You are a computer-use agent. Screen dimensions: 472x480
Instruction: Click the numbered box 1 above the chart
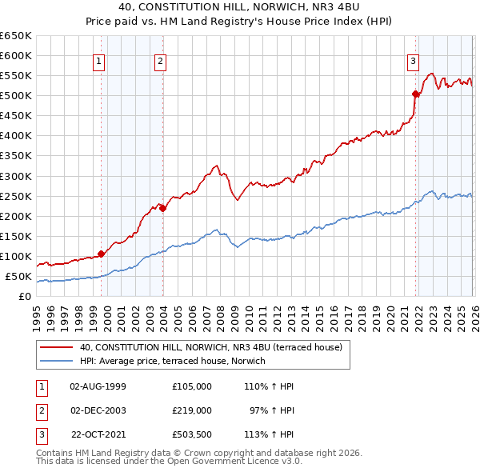point(98,60)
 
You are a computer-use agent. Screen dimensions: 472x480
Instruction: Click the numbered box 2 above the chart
point(160,60)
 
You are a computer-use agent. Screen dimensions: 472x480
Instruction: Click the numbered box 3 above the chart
point(413,60)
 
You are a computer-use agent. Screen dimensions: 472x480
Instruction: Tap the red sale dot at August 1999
point(101,254)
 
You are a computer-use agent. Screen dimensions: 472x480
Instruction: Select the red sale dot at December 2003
point(162,208)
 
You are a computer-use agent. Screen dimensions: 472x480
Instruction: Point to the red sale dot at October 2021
point(416,94)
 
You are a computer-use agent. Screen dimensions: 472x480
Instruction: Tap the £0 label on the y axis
point(25,297)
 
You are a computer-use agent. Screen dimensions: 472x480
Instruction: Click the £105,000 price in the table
point(191,386)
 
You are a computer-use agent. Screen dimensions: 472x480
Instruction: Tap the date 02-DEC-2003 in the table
point(98,410)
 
